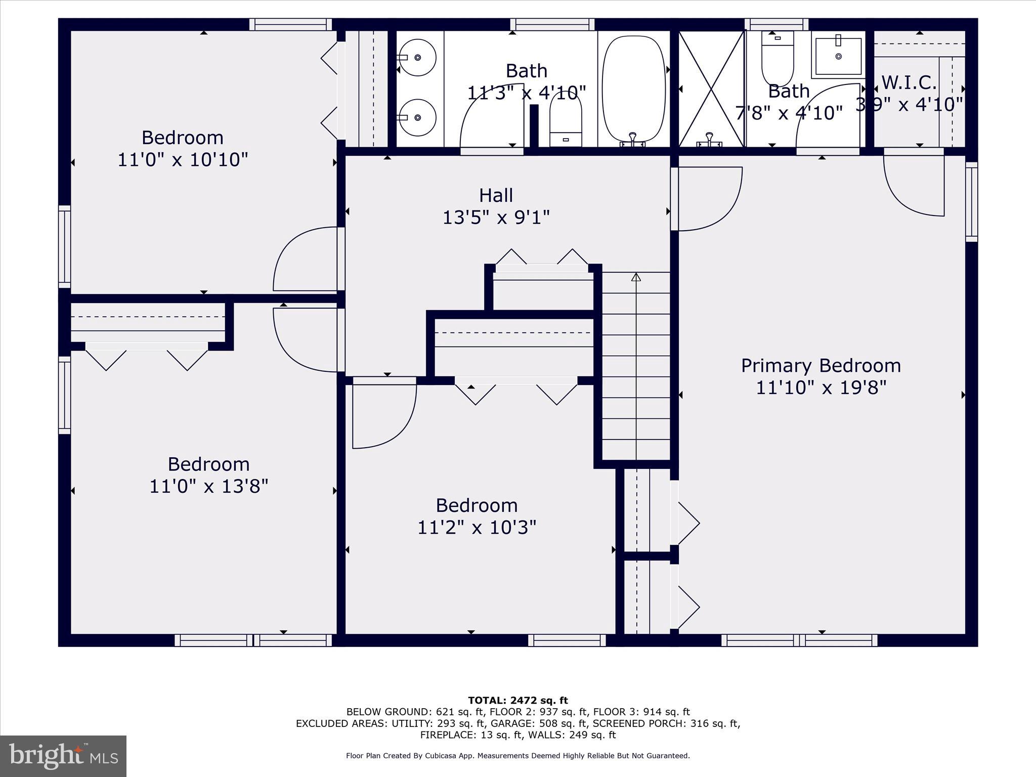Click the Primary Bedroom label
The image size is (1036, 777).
point(821,366)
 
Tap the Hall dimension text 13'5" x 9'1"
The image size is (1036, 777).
point(496,218)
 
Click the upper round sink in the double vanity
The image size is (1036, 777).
point(418,58)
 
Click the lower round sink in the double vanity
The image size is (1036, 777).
point(418,117)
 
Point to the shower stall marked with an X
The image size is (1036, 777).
point(711,89)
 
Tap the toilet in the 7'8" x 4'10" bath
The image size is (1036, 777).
point(778,58)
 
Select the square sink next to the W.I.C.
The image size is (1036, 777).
point(838,56)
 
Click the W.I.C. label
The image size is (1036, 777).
point(909,82)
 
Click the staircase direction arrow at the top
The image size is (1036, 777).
point(636,277)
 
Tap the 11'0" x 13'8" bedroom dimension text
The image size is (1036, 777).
point(208,487)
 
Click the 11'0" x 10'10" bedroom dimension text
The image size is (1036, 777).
point(183,160)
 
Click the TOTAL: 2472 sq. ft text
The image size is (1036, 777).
point(517,701)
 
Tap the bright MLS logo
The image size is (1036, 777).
point(63,756)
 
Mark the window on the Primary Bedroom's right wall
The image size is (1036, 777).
point(971,202)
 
